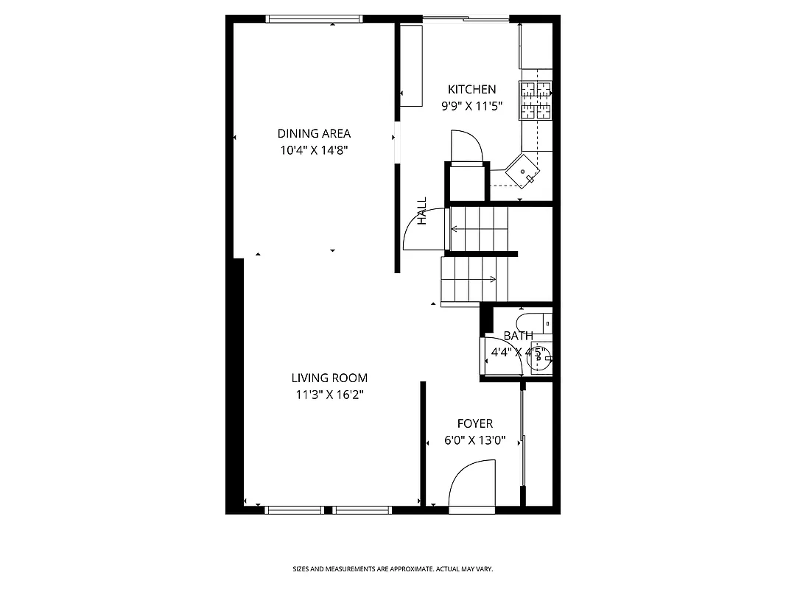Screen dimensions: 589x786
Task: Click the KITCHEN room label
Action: point(471,89)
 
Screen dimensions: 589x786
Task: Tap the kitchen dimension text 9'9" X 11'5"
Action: point(471,106)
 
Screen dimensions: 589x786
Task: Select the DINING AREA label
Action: point(314,133)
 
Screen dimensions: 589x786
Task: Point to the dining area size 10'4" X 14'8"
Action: point(314,150)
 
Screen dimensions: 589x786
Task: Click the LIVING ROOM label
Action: point(329,378)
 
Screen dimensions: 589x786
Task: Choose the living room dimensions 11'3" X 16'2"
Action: point(329,395)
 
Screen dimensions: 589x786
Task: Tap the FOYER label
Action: point(475,423)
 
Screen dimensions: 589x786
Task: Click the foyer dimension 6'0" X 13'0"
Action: point(475,441)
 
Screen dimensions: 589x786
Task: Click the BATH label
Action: point(518,336)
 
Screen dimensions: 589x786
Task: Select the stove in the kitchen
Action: point(536,100)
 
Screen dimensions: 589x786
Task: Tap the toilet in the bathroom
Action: point(532,322)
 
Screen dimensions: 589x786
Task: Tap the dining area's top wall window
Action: point(314,19)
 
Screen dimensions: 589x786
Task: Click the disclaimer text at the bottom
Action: point(392,569)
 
